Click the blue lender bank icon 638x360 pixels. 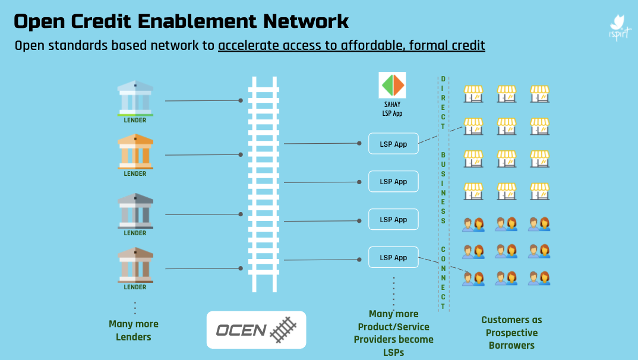tap(135, 98)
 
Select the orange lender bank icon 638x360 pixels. tap(135, 151)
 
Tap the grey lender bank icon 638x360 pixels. tap(135, 211)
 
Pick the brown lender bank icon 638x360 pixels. tap(135, 265)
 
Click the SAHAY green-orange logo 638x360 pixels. tap(392, 86)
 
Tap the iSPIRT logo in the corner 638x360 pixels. tap(620, 27)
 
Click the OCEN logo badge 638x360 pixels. tap(256, 330)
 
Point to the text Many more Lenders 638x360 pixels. tap(134, 330)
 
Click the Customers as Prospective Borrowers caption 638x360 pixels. tap(511, 333)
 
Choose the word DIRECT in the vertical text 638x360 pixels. tap(443, 102)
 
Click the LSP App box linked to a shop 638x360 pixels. tap(393, 144)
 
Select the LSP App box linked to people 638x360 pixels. tap(393, 257)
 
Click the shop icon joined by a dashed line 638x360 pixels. tap(473, 125)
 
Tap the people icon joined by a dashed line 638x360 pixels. tap(473, 277)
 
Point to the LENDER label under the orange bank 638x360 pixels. tap(135, 174)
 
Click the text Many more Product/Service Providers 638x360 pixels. tap(393, 333)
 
